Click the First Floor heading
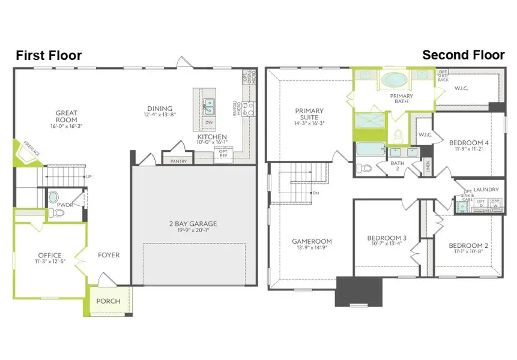point(49,56)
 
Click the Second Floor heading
point(463,55)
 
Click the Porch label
point(108,301)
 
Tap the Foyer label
point(108,255)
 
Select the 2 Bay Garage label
point(193,224)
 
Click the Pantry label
point(179,161)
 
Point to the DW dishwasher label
point(209,122)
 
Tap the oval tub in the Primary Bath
point(394,80)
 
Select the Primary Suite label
point(309,114)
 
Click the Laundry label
point(486,190)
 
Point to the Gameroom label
point(312,241)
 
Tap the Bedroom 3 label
point(387,238)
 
